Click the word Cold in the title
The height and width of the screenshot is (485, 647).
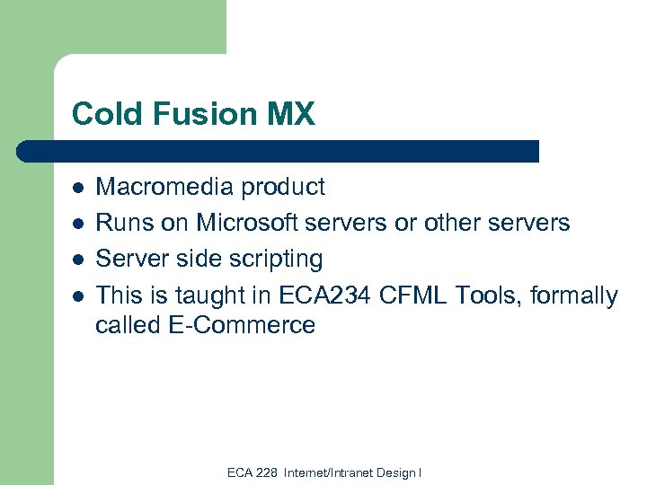tap(102, 115)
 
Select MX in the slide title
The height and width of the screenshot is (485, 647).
tap(290, 115)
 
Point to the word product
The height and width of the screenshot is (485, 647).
tap(284, 188)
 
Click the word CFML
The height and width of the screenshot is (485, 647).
tap(410, 295)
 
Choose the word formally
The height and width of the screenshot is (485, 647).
tap(574, 295)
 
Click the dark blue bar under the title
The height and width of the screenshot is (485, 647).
tap(279, 151)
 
